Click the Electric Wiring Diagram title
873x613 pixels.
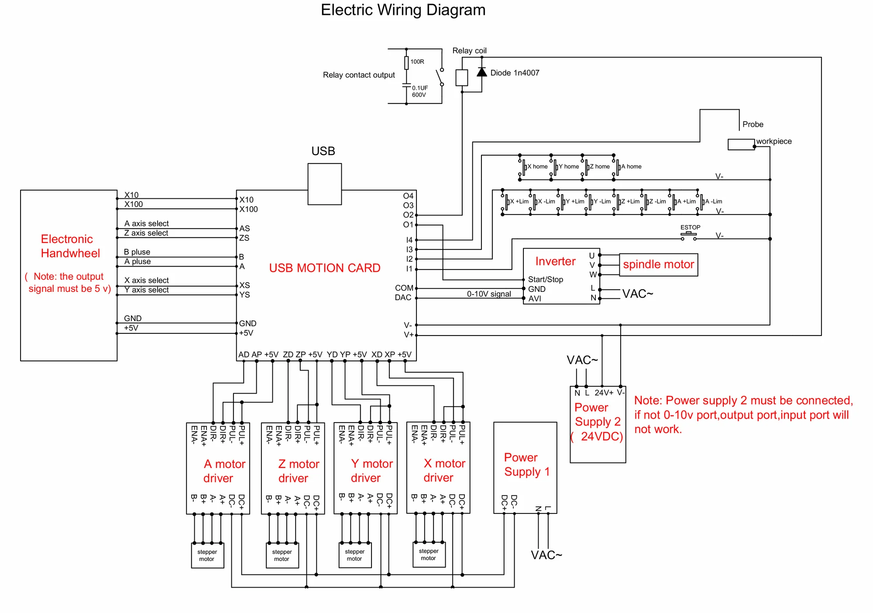(x=403, y=10)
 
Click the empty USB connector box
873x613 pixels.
(x=324, y=184)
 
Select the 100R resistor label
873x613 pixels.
(x=417, y=62)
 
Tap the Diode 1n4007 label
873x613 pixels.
(x=515, y=73)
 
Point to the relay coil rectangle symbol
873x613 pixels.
(x=461, y=78)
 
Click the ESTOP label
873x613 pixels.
(x=690, y=227)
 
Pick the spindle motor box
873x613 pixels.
(x=658, y=265)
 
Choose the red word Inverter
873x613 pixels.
(x=555, y=261)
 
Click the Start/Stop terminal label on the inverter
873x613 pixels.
(x=545, y=279)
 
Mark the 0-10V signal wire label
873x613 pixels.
(x=489, y=294)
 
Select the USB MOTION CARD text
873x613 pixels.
(x=324, y=268)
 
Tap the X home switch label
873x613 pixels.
(x=537, y=166)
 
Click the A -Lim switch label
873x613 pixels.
(x=714, y=201)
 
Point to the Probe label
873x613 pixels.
(x=753, y=125)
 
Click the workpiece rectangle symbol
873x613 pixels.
(x=741, y=144)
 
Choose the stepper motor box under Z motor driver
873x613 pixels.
(x=282, y=555)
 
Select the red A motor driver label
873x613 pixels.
(x=224, y=471)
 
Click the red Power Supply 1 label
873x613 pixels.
(x=526, y=465)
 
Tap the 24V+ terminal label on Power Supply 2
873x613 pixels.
(x=604, y=393)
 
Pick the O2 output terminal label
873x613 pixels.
(x=408, y=215)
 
